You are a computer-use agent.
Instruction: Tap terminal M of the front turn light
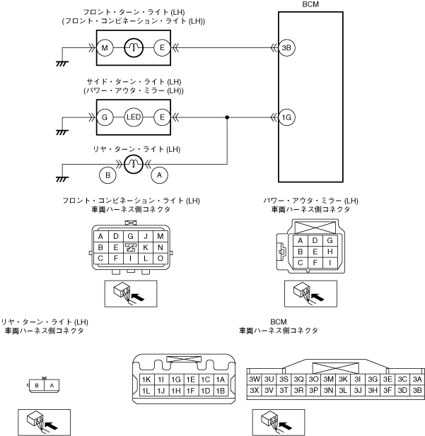(x=105, y=48)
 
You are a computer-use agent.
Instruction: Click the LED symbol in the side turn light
(x=134, y=117)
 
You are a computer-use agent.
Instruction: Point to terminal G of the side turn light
(x=105, y=117)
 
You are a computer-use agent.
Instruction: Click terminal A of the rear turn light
(x=160, y=171)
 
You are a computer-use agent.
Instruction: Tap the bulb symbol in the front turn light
(x=134, y=48)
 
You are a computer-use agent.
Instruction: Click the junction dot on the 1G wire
(x=226, y=117)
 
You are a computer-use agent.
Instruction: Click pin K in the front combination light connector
(x=145, y=248)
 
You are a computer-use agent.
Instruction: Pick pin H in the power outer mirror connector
(x=330, y=252)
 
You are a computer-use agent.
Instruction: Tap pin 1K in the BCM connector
(x=146, y=379)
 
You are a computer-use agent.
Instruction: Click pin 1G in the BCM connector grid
(x=176, y=379)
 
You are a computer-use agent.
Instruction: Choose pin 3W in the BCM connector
(x=255, y=379)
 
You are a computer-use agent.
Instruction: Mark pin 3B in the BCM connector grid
(x=417, y=390)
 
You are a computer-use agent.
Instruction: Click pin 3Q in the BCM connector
(x=299, y=379)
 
